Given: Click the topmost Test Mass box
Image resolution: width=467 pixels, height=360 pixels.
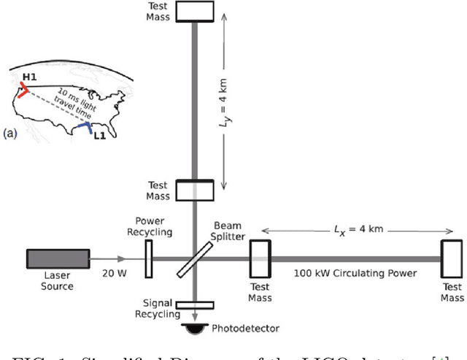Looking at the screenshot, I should coord(193,11).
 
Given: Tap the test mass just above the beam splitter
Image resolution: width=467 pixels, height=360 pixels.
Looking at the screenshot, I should coord(193,191).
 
